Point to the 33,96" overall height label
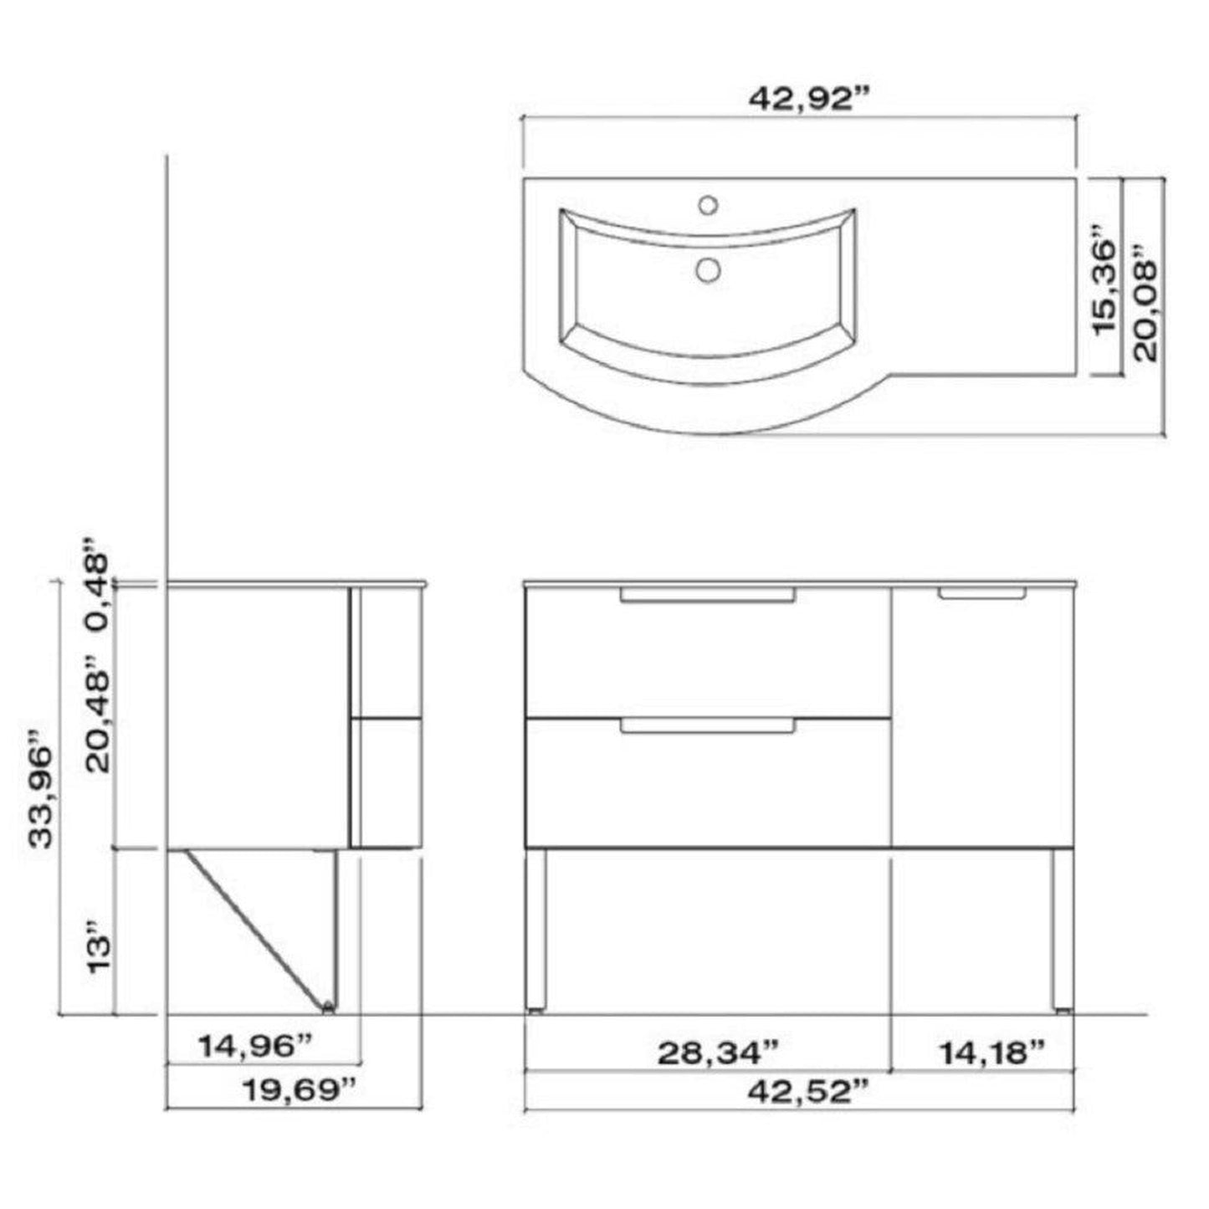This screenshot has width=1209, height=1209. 42,789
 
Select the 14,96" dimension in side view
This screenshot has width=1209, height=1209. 255,1044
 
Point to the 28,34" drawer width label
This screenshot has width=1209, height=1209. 718,1052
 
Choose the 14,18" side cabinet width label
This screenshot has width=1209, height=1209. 991,1052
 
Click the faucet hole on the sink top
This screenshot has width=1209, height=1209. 708,204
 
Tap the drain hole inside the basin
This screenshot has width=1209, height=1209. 709,269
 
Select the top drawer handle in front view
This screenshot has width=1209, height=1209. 707,595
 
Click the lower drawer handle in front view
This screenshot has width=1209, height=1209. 707,725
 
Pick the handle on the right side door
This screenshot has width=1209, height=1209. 981,593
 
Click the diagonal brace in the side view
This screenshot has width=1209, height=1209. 256,927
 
